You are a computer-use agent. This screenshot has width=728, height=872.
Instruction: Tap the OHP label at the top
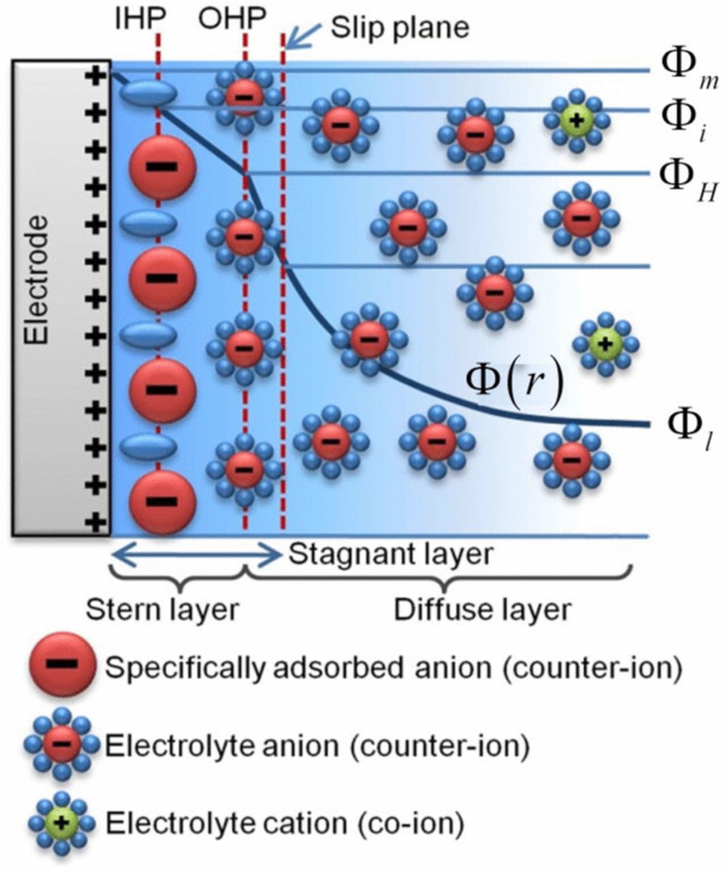tap(232, 18)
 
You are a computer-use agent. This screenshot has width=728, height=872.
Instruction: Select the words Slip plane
tap(400, 27)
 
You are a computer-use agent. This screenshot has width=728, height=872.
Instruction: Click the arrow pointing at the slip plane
tap(298, 36)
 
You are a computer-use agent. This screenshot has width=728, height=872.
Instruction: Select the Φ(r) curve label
tap(514, 383)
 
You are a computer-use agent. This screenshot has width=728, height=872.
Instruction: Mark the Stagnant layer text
tap(390, 554)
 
